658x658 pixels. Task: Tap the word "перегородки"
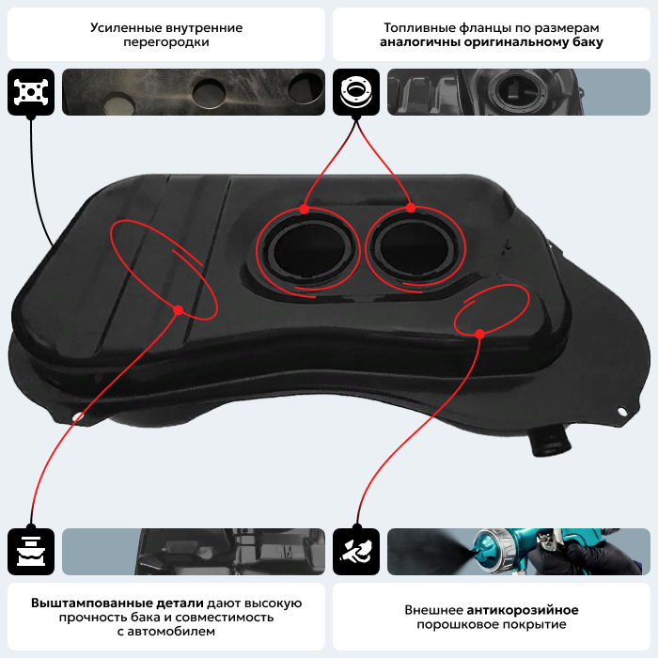pyautogui.click(x=166, y=42)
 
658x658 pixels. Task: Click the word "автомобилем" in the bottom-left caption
pyautogui.click(x=171, y=631)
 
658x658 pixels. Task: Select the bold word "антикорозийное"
pyautogui.click(x=523, y=610)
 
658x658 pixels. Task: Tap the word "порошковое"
pyautogui.click(x=458, y=624)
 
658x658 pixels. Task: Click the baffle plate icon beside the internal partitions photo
pyautogui.click(x=31, y=92)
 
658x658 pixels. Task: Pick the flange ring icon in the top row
pyautogui.click(x=356, y=92)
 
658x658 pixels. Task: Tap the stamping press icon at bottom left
pyautogui.click(x=31, y=552)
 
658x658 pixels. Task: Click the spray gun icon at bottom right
pyautogui.click(x=356, y=552)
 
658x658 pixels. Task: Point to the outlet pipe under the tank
pyautogui.click(x=550, y=442)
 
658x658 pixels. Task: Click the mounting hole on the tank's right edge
pyautogui.click(x=622, y=411)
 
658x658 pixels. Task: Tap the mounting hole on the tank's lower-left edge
pyautogui.click(x=78, y=416)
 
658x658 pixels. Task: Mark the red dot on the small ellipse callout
pyautogui.click(x=480, y=334)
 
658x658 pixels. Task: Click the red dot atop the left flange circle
pyautogui.click(x=305, y=209)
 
